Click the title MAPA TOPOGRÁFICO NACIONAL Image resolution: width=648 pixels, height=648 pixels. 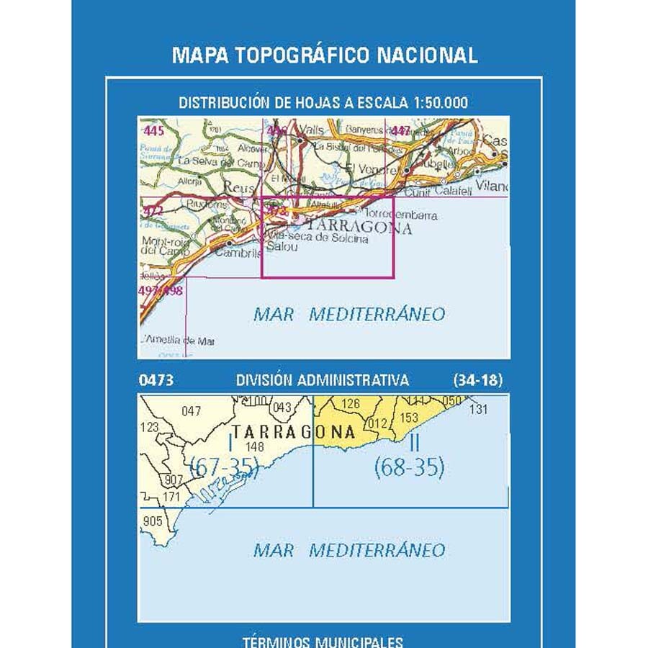pyautogui.click(x=324, y=55)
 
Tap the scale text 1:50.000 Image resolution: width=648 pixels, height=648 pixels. pyautogui.click(x=441, y=103)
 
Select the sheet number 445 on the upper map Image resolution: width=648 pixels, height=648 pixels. pyautogui.click(x=154, y=131)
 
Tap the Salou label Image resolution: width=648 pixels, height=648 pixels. pyautogui.click(x=279, y=247)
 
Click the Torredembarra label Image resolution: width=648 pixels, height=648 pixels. pyautogui.click(x=402, y=215)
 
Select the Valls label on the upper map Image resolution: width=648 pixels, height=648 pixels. pyautogui.click(x=312, y=130)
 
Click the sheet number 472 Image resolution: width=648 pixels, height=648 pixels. pyautogui.click(x=153, y=211)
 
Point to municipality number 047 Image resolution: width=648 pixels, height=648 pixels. pyautogui.click(x=191, y=411)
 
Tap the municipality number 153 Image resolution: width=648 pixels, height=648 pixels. pyautogui.click(x=408, y=418)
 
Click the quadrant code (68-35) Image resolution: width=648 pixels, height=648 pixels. pyautogui.click(x=409, y=469)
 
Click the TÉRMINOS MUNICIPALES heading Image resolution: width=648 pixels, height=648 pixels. pyautogui.click(x=323, y=641)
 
